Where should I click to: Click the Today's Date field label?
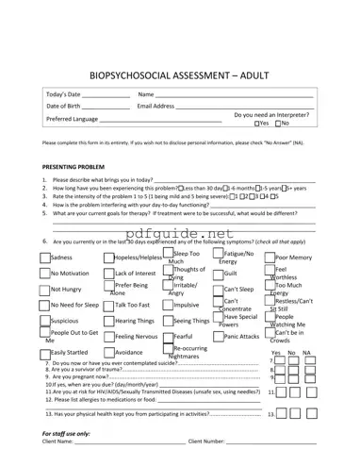tap(64, 95)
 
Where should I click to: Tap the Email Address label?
tap(158, 107)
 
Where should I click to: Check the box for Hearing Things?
tap(109, 321)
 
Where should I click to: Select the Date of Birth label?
tap(64, 107)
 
